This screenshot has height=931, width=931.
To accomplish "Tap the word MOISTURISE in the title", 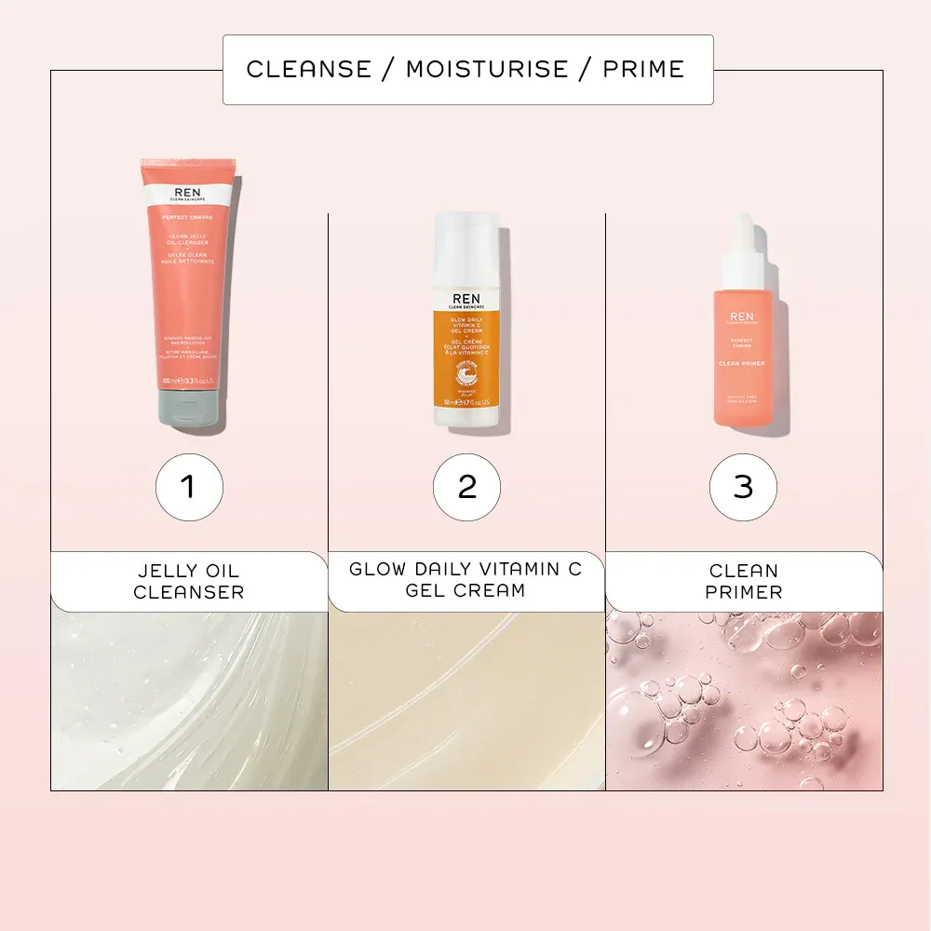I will pyautogui.click(x=487, y=69).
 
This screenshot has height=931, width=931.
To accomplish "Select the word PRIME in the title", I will pyautogui.click(x=643, y=69).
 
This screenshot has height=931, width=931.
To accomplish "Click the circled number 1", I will pyautogui.click(x=189, y=486).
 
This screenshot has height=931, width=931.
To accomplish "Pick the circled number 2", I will pyautogui.click(x=466, y=486).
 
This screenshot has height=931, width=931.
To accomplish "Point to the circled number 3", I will pyautogui.click(x=743, y=486).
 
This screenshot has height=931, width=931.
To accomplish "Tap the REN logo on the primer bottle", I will pyautogui.click(x=743, y=317).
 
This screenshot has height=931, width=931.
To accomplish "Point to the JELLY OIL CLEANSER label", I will pyautogui.click(x=189, y=581).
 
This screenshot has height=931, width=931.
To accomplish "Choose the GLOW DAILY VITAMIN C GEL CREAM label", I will pyautogui.click(x=465, y=580).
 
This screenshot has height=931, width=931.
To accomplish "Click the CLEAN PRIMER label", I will pyautogui.click(x=743, y=581).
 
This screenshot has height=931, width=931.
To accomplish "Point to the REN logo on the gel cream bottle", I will pyautogui.click(x=467, y=295).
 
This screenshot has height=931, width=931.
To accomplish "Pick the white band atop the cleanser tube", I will pyautogui.click(x=188, y=195).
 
